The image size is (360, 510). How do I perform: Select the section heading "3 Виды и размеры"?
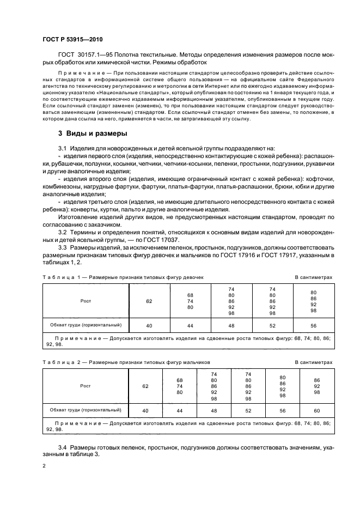click(93, 133)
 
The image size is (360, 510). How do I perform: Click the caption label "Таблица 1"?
click(58, 277)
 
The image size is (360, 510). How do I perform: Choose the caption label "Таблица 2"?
click(58, 362)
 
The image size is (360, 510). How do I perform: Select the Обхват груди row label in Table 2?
click(85, 409)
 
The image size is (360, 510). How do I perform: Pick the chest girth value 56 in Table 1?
click(313, 325)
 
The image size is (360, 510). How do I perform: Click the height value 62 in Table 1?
click(149, 300)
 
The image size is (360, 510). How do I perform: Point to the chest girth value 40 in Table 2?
click(145, 410)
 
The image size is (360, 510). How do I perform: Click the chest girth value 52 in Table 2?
click(248, 410)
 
